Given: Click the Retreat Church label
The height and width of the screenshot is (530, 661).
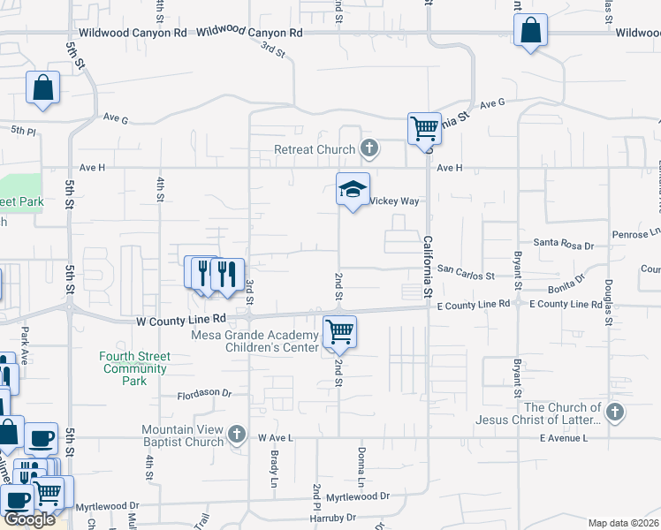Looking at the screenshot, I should pos(315,150).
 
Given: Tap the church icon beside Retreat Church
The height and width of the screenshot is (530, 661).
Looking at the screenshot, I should pos(369,149).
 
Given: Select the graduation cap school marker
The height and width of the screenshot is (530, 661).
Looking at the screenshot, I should pos(353,189).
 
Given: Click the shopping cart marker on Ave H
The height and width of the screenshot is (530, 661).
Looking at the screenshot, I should pos(424,128).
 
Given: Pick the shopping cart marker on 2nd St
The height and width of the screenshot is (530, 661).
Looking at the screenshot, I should pos(339,332).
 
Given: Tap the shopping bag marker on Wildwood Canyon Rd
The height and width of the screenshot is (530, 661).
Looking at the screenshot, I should pos(530,31).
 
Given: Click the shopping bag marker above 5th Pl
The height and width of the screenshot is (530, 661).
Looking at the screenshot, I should pos(42,88).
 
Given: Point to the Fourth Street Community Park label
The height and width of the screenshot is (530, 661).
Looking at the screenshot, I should pos(134,368).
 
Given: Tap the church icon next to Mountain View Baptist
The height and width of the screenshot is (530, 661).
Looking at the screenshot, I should pos(236,435).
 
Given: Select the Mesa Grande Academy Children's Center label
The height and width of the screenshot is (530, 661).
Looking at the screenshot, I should pos(255,342).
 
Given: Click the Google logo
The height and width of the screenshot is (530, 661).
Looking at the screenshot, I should pos(29,519).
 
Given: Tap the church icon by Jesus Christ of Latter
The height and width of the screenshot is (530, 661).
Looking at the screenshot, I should pos(615,413).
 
